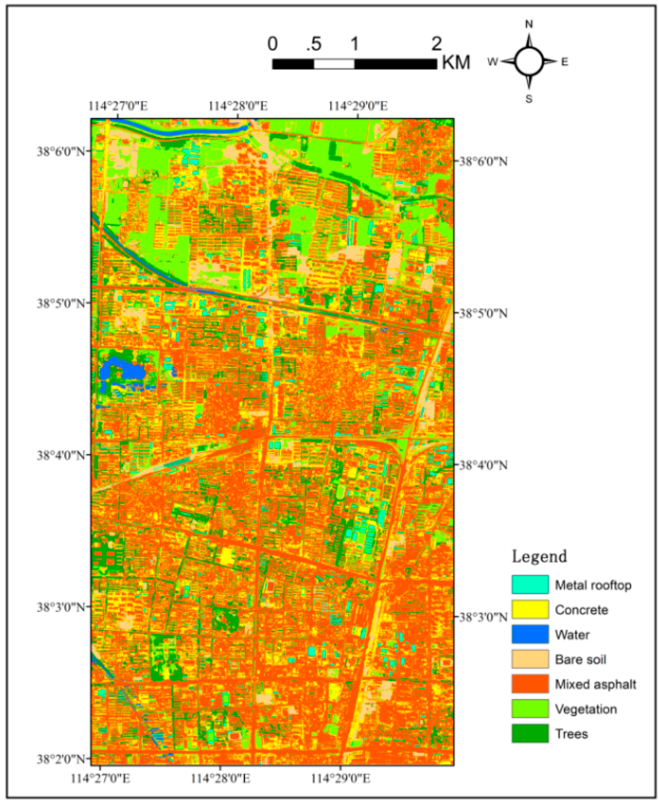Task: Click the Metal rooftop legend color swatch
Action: click(530, 584)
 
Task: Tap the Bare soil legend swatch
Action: click(530, 659)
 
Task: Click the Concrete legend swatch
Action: click(530, 609)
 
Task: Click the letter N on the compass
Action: click(529, 24)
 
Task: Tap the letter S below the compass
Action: click(529, 99)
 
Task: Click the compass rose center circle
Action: click(529, 62)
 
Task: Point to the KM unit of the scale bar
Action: click(456, 62)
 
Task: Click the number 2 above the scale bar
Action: click(436, 44)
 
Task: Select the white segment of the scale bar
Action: click(334, 64)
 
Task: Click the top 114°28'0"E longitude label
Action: click(238, 106)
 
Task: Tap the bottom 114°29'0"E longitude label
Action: click(340, 778)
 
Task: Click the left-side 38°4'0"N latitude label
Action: click(61, 456)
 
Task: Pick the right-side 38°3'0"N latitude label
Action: click(483, 617)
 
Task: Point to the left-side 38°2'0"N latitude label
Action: click(61, 759)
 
